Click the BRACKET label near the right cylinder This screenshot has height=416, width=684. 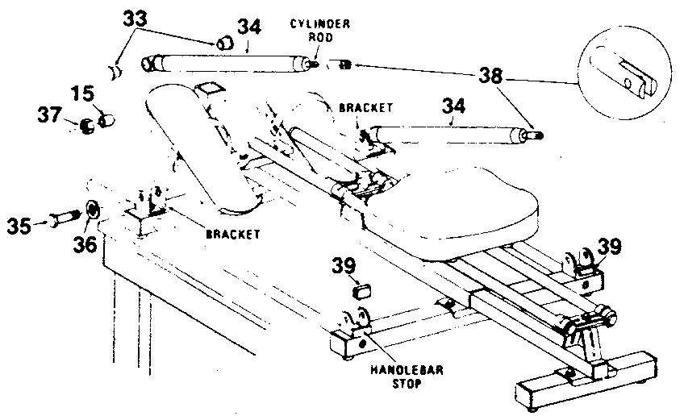[x=366, y=106]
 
